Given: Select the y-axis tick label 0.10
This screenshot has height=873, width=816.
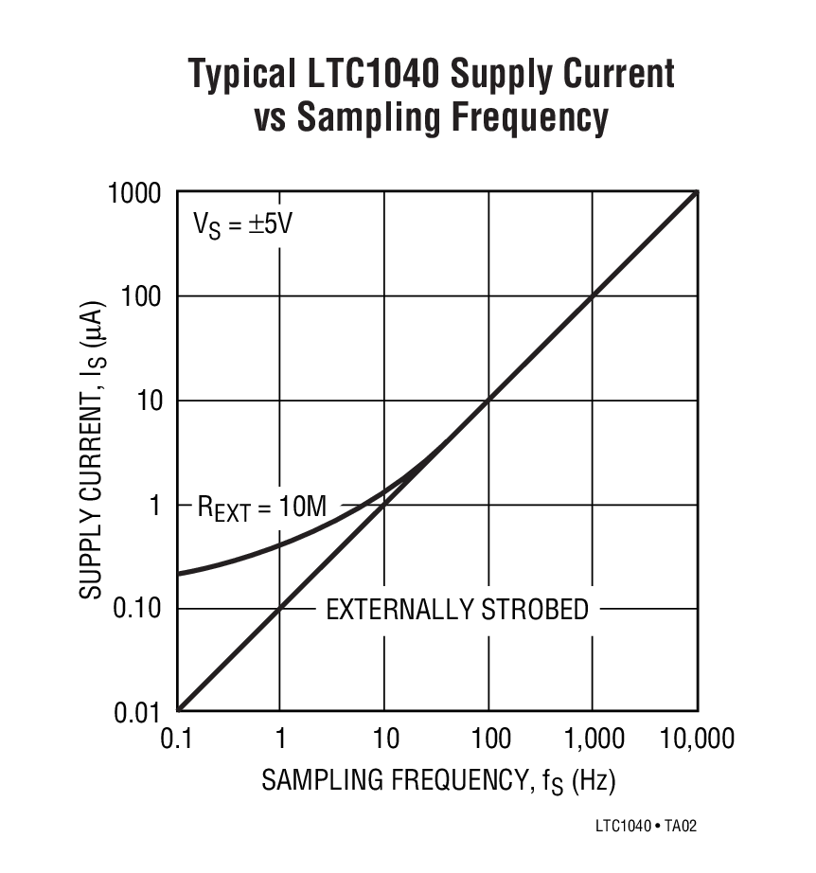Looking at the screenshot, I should pos(140,608).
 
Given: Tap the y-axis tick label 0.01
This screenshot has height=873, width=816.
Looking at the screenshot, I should pos(140,712).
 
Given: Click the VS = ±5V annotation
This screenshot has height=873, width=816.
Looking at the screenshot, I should pos(238,225).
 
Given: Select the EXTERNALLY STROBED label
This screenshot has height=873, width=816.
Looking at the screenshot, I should pos(457,609).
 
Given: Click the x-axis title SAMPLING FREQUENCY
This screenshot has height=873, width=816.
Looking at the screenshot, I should pos(387,781).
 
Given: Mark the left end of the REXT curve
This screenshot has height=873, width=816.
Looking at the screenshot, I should pos(179,574).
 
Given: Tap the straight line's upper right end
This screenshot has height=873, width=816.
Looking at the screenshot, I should pos(697,193).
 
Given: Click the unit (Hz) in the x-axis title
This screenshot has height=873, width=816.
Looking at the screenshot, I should pos(594,781).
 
